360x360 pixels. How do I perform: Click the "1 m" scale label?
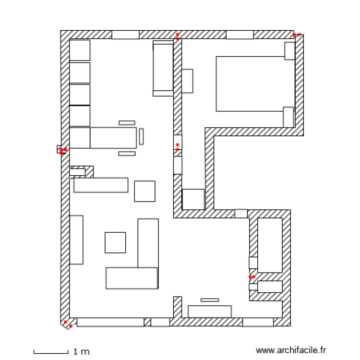[x=82, y=352]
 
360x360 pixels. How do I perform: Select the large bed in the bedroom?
[x=250, y=84]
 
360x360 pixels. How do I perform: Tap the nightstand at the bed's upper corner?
[x=289, y=51]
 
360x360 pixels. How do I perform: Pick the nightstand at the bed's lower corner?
[x=288, y=117]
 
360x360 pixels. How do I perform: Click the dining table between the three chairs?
[x=113, y=138]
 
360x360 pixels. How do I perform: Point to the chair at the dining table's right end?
[x=142, y=137]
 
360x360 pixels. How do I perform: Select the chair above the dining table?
[x=127, y=123]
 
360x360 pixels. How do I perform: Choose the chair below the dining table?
[x=127, y=154]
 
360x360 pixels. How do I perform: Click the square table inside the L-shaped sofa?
[x=115, y=242]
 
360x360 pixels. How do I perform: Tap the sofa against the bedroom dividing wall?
[x=163, y=69]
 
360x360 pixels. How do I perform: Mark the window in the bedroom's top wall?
[x=240, y=35]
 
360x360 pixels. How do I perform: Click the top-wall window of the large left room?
[x=125, y=35]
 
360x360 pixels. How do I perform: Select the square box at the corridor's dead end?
[x=193, y=199]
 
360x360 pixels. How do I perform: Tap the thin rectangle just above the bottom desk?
[x=210, y=300]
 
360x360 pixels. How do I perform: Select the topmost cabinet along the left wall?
[x=80, y=50]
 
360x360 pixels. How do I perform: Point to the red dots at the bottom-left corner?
[x=68, y=324]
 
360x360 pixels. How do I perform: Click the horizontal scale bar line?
[x=51, y=353]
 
